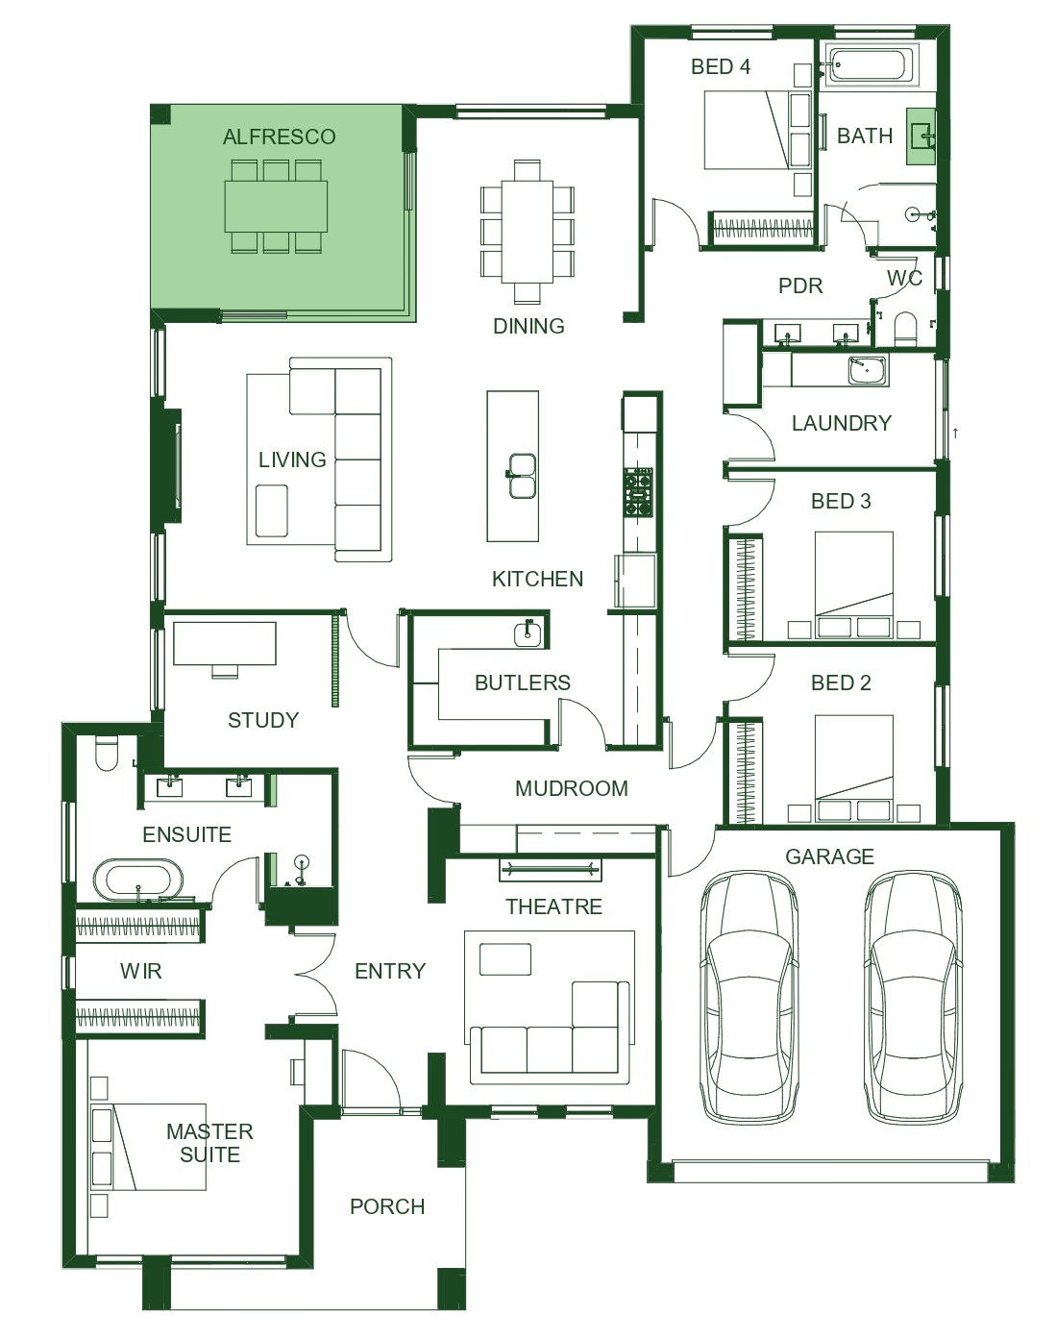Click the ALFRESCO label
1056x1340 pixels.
pos(279,136)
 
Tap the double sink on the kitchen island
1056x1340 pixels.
pos(521,476)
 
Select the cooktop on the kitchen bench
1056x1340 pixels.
pos(639,492)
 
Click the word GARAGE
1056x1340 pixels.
pos(829,856)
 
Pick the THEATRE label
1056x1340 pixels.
pos(553,906)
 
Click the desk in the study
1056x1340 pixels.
pos(225,645)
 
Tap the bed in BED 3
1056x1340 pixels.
pos(853,585)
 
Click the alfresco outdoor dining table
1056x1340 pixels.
pos(277,206)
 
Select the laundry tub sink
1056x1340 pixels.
pos(869,370)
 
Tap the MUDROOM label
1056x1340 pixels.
pos(571,788)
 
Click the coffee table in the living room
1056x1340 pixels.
pos(272,510)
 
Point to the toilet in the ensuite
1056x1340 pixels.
pos(107,753)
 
